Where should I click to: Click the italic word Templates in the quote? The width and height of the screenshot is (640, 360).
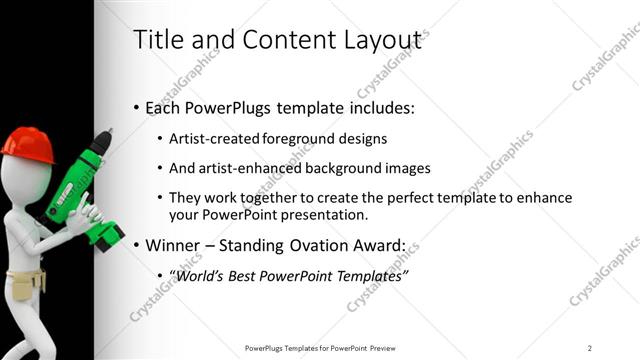point(367,275)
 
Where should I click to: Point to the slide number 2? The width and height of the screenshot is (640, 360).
point(590,348)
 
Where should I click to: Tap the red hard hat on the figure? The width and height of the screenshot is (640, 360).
point(27,144)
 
